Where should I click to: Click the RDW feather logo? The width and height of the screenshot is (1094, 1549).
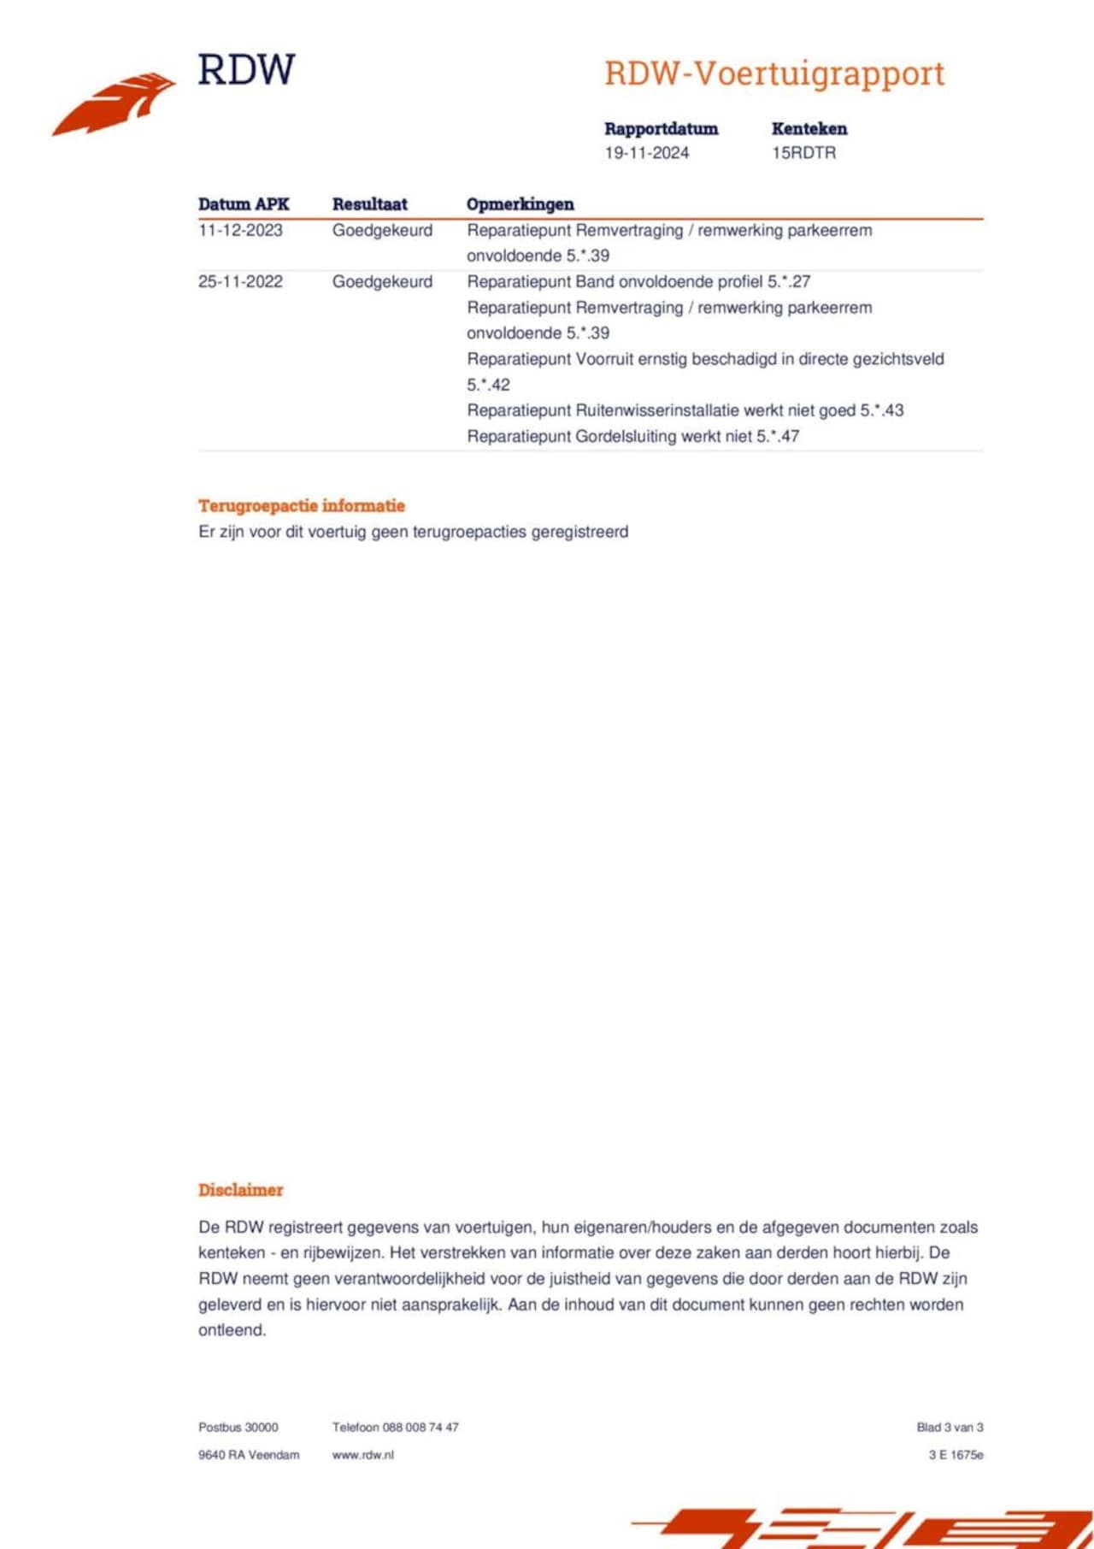coord(115,103)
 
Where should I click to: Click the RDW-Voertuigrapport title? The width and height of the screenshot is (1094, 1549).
coord(774,74)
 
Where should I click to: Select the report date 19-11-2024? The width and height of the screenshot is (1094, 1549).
coord(646,153)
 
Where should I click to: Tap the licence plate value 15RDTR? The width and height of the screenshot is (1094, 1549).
coord(803,153)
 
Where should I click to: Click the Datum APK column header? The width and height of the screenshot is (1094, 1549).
coord(244,204)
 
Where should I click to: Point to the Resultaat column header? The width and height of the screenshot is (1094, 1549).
coord(369,204)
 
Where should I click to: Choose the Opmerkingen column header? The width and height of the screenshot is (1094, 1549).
coord(520,204)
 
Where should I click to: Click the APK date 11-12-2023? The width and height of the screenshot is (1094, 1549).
coord(240,230)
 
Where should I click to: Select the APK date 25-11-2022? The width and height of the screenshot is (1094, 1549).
coord(240,282)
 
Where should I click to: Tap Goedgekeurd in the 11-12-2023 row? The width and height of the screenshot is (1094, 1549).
coord(382,230)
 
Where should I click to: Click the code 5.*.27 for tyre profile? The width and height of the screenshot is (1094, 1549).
coord(788,282)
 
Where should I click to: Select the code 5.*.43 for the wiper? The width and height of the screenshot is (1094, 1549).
coord(881,410)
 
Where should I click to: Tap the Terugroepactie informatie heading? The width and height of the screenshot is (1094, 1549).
coord(302,505)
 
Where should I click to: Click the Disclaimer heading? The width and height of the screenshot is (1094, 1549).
coord(240,1190)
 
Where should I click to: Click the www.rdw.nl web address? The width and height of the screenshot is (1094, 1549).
coord(363,1454)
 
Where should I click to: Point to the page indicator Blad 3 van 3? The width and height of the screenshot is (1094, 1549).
coord(950,1427)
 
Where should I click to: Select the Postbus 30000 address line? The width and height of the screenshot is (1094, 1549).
coord(238,1427)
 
